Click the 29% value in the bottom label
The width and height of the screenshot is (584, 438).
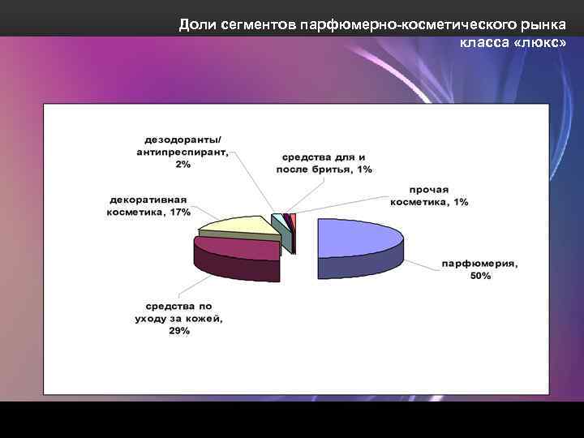179,331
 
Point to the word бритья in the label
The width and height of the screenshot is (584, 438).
335,169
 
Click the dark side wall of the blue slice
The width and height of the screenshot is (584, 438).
357,267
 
